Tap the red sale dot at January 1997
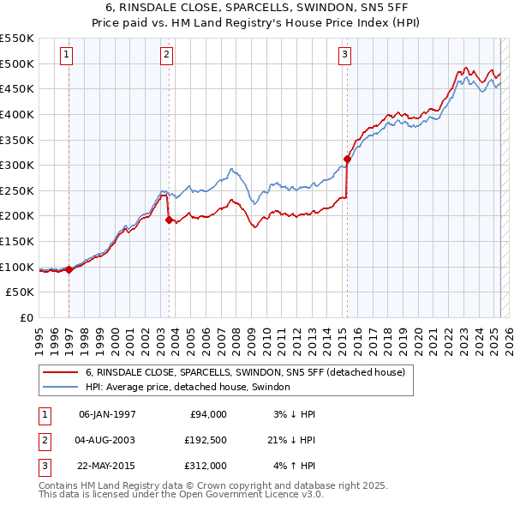pos(69,269)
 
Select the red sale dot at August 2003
pos(168,220)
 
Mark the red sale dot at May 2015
pos(347,159)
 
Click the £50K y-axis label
pos(21,292)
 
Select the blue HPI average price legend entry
pos(188,387)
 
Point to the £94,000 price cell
pos(208,413)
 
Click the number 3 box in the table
pos(42,467)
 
